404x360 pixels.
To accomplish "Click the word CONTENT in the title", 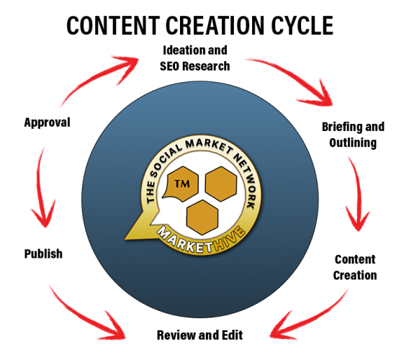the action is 113,25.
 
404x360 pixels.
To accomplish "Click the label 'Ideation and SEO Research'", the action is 194,58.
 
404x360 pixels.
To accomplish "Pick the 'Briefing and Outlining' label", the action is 353,135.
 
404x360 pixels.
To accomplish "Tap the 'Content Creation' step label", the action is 355,267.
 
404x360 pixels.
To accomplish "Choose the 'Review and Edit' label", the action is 199,335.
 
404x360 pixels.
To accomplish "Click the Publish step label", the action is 43,254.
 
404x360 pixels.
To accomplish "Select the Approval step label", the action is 47,122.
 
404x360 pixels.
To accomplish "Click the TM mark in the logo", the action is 182,184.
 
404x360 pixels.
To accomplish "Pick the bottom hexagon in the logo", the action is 202,217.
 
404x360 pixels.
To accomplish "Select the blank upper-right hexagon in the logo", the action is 221,184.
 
